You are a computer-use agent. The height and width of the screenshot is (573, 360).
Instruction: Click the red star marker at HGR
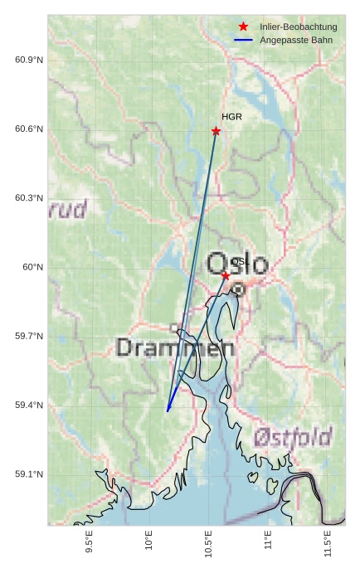[216, 131]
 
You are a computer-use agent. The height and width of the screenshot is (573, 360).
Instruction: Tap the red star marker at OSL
[226, 275]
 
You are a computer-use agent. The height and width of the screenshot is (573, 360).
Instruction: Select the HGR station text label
[231, 117]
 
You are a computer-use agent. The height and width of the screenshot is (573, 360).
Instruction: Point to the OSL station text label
[240, 262]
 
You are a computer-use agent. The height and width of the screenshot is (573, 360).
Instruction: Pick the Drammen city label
[175, 347]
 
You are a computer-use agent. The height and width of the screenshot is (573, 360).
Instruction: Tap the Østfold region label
[293, 437]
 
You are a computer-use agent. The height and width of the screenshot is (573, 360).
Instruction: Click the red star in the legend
[243, 27]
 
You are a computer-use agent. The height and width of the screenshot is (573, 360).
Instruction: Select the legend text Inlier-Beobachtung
[298, 27]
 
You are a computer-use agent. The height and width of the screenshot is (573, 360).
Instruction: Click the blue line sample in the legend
[243, 40]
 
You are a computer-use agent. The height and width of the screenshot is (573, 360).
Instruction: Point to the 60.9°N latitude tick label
[29, 60]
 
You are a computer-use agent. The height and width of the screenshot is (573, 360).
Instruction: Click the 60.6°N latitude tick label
[29, 129]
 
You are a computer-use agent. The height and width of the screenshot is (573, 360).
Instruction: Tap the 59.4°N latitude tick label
[29, 405]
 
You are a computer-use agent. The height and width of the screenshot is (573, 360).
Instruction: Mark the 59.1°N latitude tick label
[29, 474]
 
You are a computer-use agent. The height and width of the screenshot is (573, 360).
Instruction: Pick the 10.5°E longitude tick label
[208, 544]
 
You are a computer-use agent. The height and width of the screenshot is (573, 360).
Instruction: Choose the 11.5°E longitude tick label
[328, 544]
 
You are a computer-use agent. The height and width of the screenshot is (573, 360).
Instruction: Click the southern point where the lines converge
[168, 410]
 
